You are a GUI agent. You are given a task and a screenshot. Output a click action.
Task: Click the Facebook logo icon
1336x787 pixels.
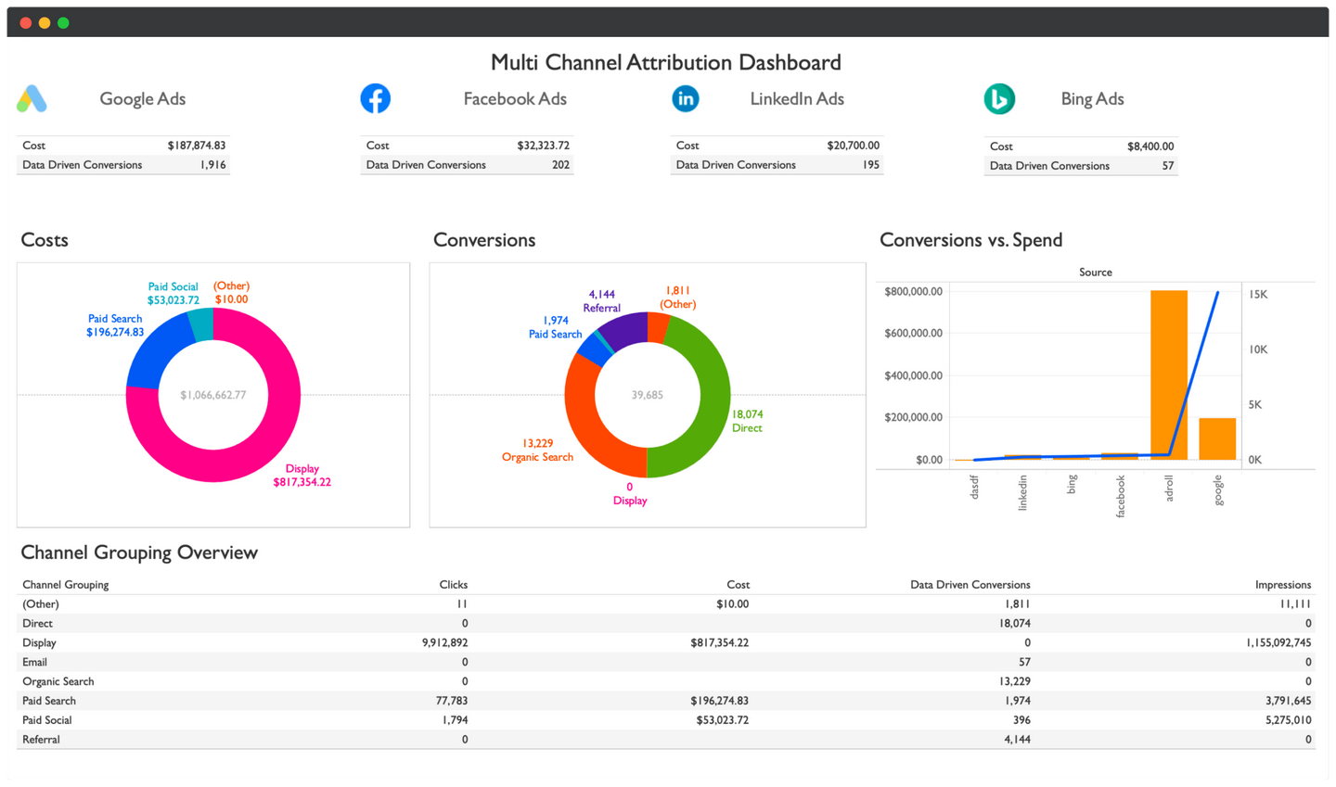click(375, 98)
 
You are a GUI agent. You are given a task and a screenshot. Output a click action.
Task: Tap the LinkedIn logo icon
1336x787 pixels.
click(686, 98)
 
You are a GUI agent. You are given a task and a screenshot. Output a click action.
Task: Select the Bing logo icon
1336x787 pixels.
click(999, 99)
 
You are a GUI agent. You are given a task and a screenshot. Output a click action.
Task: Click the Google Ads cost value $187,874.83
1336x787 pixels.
click(196, 146)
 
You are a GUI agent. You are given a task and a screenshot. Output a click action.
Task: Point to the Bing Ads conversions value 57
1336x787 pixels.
click(1167, 166)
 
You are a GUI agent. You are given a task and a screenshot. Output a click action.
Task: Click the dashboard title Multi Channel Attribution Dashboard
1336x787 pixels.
click(665, 62)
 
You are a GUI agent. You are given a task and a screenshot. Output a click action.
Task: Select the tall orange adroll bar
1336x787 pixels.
click(1169, 374)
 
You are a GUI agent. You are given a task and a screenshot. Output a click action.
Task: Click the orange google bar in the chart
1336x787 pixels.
click(1217, 439)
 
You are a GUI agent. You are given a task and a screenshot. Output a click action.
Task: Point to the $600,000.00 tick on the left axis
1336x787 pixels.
click(913, 333)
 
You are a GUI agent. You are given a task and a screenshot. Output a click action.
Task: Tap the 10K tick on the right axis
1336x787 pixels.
click(1258, 349)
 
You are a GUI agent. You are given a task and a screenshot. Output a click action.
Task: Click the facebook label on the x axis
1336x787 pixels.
click(1120, 496)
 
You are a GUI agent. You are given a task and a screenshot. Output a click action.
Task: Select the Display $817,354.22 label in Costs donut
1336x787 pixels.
click(302, 476)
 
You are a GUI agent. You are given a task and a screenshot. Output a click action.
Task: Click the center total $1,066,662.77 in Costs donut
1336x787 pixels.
click(213, 395)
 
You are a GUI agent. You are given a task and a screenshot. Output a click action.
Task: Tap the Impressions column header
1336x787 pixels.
click(1282, 585)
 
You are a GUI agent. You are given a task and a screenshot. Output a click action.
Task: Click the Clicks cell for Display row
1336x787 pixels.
click(444, 642)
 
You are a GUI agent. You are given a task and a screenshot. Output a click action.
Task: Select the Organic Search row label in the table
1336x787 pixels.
click(58, 681)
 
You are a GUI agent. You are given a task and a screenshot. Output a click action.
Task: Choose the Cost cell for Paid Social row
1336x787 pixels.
click(722, 720)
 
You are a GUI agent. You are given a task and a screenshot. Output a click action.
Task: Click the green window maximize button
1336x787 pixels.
click(63, 22)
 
